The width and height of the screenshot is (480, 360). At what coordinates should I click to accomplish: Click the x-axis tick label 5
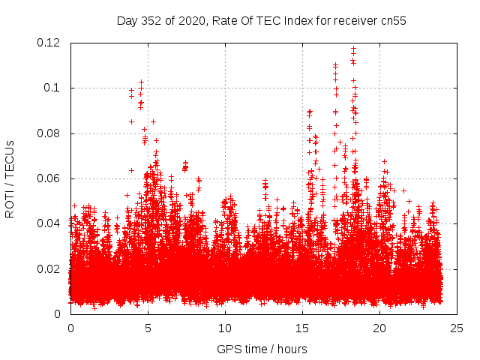(x=148, y=328)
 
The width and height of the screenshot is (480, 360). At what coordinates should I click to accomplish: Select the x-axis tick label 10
(x=225, y=328)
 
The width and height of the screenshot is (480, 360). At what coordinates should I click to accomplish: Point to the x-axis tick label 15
(x=302, y=328)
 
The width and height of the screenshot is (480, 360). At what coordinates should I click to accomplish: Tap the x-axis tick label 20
(x=379, y=328)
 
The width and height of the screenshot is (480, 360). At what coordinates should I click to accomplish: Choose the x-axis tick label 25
(x=457, y=328)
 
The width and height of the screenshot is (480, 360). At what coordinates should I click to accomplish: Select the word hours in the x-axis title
(x=292, y=349)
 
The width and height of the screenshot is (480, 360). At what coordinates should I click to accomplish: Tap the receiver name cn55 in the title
(x=392, y=20)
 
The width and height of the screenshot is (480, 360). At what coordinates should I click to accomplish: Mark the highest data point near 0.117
(x=353, y=49)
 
